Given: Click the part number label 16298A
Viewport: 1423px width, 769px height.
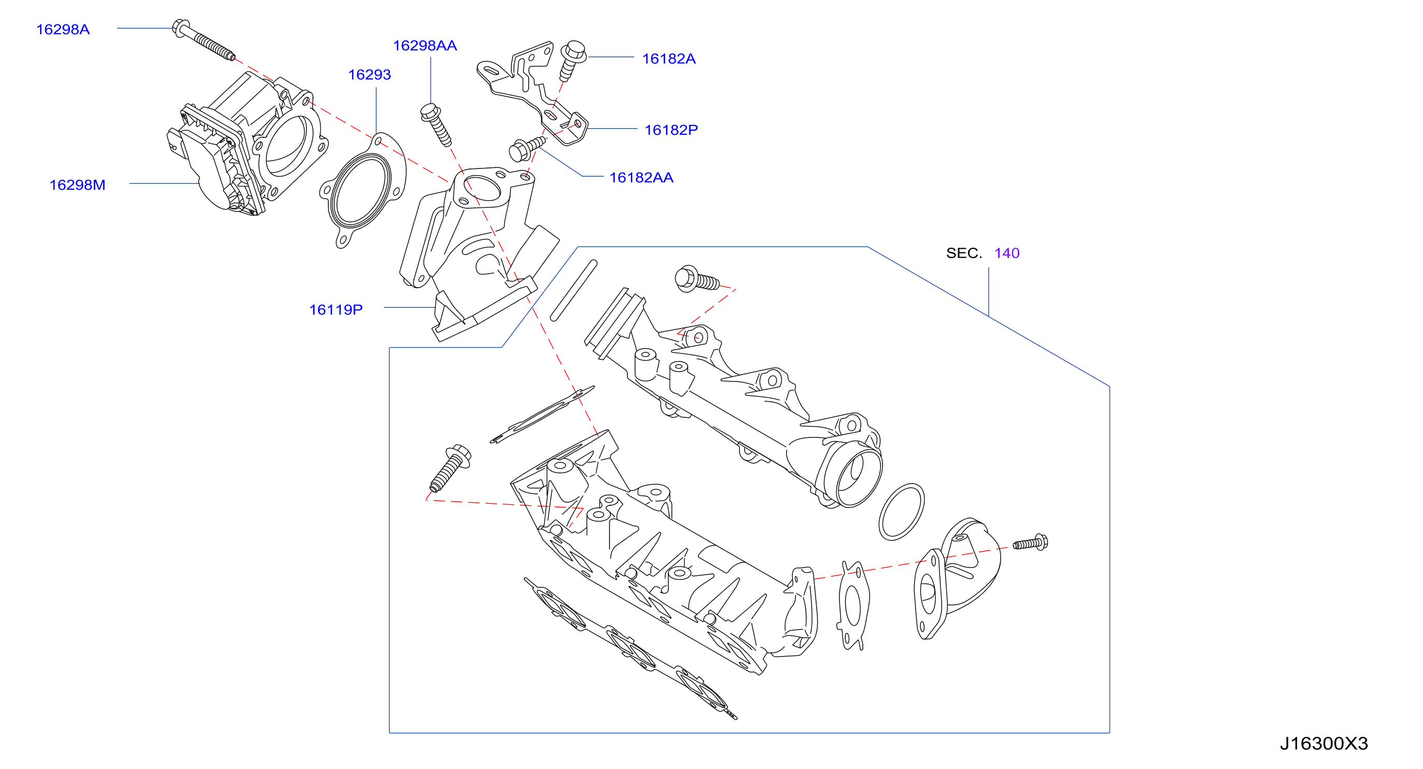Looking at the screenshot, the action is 63,30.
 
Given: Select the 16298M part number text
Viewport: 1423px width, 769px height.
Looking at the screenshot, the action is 77,184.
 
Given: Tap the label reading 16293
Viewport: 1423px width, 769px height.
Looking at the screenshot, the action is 369,75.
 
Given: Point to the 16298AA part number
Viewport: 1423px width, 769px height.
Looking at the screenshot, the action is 425,45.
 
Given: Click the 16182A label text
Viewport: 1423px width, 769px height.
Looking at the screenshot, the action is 669,59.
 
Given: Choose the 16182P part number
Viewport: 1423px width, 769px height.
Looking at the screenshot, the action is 671,130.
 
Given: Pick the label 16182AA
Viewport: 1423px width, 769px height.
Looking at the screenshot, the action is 642,177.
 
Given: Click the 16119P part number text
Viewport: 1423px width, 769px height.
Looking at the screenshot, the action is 336,309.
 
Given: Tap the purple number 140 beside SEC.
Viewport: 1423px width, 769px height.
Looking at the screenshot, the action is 1006,253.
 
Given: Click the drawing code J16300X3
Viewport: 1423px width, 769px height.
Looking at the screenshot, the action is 1324,744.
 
